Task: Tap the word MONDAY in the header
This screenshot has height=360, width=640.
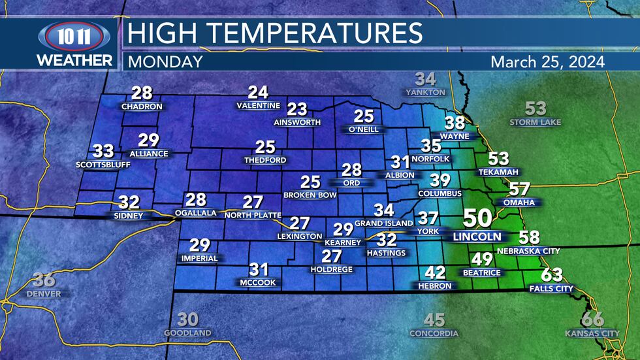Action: pos(165,62)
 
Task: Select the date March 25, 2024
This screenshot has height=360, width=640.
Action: pos(547,62)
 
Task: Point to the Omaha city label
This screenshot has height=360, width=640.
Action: pos(519,203)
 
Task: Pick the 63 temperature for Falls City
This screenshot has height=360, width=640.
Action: pos(552,275)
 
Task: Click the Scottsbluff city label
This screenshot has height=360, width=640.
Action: pos(103,165)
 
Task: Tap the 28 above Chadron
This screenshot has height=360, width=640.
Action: pos(142,93)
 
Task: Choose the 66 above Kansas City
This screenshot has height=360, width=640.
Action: pos(592,319)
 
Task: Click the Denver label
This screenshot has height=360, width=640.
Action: pos(44,294)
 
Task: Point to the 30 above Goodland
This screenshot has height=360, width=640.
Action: pos(187,319)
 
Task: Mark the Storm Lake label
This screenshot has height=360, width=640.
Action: pos(535,122)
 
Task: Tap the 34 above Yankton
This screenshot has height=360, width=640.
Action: pos(425,80)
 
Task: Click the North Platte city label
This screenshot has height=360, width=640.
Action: pos(252,215)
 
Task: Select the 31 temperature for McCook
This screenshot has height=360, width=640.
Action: pos(259,269)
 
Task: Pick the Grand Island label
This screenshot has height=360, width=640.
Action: pos(384,223)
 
